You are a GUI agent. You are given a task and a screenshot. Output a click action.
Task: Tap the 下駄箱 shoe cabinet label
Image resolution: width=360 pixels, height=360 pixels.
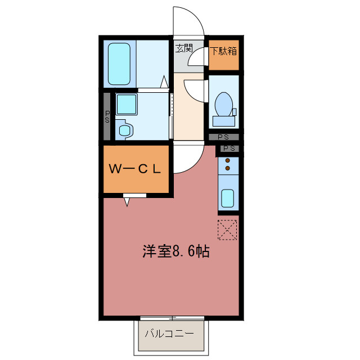point(224,51)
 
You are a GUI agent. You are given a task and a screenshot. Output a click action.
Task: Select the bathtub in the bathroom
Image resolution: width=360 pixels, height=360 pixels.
point(119,63)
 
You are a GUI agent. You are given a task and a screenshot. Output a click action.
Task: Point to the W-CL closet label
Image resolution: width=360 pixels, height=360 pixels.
point(136,168)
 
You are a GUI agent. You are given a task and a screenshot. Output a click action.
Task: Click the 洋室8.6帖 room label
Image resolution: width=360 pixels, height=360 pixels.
point(175,251)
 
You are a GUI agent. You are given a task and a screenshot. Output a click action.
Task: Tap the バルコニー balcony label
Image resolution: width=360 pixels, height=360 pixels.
point(169,333)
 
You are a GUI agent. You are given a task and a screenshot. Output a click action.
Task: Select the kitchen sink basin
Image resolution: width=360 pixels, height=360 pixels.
point(227,199)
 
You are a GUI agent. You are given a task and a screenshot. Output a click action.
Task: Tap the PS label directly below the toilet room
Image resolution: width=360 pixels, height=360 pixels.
point(223,137)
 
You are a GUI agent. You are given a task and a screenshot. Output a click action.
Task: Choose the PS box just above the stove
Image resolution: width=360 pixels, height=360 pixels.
point(228,148)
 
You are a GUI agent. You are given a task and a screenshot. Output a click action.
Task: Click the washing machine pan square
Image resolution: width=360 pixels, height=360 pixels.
point(127,104)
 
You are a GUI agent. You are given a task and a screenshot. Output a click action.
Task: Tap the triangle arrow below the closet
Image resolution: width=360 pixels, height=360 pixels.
point(128,200)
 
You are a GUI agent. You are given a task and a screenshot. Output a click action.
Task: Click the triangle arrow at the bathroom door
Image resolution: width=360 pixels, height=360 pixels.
point(165,82)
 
